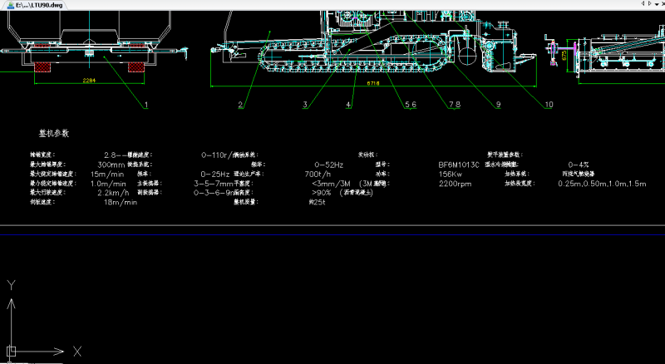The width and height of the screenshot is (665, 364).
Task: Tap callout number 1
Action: (x=146, y=105)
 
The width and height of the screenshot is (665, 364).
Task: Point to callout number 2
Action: (x=240, y=105)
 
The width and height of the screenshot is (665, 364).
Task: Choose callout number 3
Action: (x=306, y=105)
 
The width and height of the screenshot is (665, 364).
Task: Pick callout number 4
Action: (x=349, y=105)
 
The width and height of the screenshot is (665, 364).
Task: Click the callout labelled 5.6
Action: (x=410, y=105)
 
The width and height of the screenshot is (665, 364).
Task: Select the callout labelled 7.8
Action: (x=455, y=105)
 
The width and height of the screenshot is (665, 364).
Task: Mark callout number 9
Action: (x=498, y=105)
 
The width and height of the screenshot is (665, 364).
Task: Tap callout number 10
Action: (x=549, y=105)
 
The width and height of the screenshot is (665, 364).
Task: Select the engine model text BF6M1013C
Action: (x=459, y=165)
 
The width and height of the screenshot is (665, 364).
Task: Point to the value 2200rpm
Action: (x=455, y=184)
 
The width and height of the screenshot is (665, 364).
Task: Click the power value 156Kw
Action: (x=451, y=174)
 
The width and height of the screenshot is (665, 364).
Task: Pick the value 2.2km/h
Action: (x=111, y=193)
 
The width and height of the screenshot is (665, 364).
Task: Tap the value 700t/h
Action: (x=318, y=174)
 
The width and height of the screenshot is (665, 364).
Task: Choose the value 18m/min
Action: (x=121, y=202)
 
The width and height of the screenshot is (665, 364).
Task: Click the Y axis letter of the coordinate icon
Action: (x=12, y=285)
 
